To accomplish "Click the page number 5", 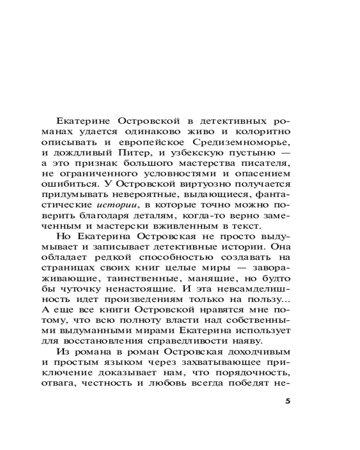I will [x=288, y=402].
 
